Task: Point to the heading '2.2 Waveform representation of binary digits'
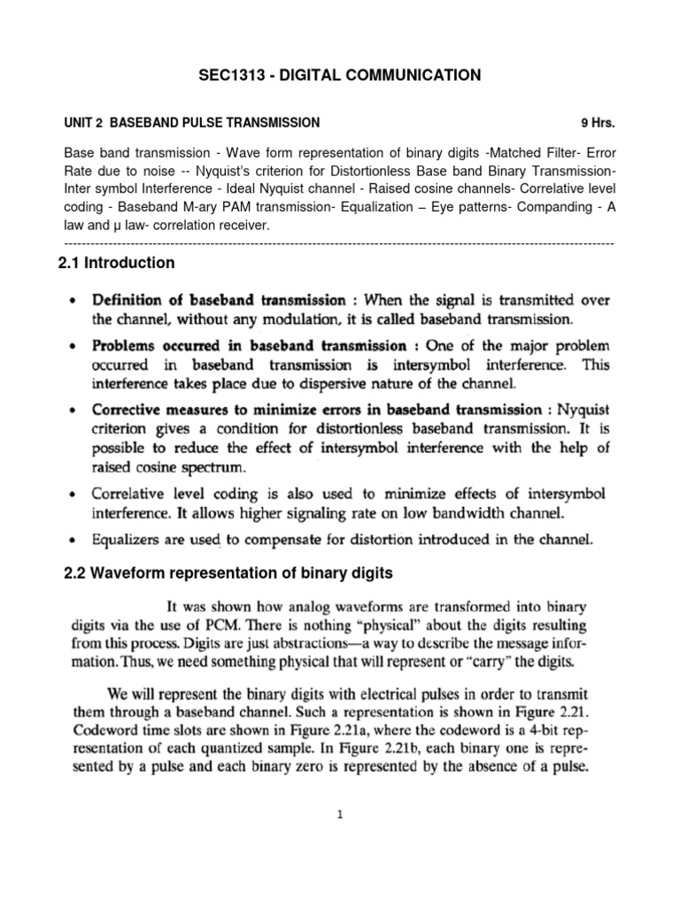[228, 573]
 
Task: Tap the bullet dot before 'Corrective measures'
[71, 410]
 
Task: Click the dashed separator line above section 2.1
[340, 242]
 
